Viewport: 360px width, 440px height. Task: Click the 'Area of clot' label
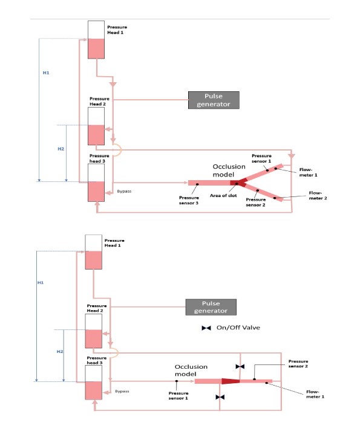click(223, 196)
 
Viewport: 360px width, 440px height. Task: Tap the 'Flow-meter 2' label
click(318, 196)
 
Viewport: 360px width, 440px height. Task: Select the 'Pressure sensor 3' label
click(189, 201)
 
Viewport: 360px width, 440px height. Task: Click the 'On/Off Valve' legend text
click(238, 328)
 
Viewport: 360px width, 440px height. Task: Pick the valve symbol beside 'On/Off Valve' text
click(206, 328)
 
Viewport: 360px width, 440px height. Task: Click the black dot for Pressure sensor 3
click(197, 184)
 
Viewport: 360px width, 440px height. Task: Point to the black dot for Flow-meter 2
click(275, 198)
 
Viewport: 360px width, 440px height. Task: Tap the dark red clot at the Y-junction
click(238, 183)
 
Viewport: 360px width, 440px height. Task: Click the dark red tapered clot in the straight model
click(231, 381)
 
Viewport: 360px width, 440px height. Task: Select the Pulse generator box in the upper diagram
click(214, 100)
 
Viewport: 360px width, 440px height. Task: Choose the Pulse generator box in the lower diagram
click(211, 307)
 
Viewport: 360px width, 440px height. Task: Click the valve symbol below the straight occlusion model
click(220, 397)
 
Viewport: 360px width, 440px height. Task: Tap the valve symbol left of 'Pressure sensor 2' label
click(240, 366)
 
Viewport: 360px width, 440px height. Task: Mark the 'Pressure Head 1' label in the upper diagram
click(117, 30)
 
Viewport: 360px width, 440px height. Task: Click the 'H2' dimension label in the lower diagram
click(60, 352)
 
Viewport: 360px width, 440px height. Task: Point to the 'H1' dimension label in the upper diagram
click(46, 73)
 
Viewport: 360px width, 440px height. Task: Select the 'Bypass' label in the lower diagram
click(122, 391)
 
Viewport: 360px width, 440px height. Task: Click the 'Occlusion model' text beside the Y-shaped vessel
click(229, 170)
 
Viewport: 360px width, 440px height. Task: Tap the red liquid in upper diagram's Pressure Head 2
click(96, 135)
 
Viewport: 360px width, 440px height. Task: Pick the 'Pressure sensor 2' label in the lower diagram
click(298, 364)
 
